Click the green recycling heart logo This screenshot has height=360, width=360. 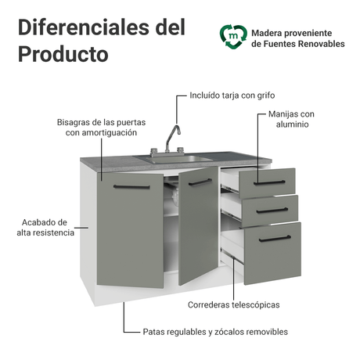click(233, 37)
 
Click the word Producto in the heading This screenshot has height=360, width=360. click(63, 54)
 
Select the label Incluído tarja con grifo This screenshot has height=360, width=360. click(232, 95)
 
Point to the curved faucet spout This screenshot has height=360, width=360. click(173, 135)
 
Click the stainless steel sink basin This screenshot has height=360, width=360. click(175, 159)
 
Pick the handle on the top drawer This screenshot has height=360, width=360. click(269, 182)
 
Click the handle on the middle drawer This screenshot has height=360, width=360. click(272, 211)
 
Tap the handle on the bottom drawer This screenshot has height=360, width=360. click(275, 239)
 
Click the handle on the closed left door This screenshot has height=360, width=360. click(131, 187)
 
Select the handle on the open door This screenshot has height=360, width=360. click(200, 182)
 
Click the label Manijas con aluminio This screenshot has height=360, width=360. click(291, 119)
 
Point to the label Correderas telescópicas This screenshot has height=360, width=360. click(233, 304)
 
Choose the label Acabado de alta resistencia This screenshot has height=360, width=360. click(45, 228)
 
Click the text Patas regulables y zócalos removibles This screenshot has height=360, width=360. click(215, 332)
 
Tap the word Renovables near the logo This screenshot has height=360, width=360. click(321, 44)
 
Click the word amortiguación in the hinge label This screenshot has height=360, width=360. click(109, 132)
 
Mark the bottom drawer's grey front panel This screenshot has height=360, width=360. click(272, 253)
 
